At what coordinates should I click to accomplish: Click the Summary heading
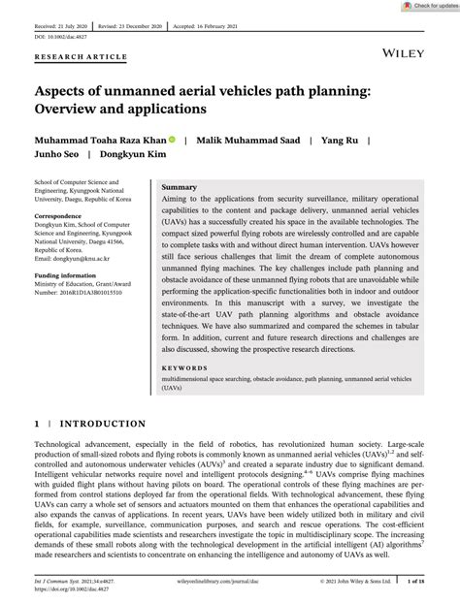point(180,185)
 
